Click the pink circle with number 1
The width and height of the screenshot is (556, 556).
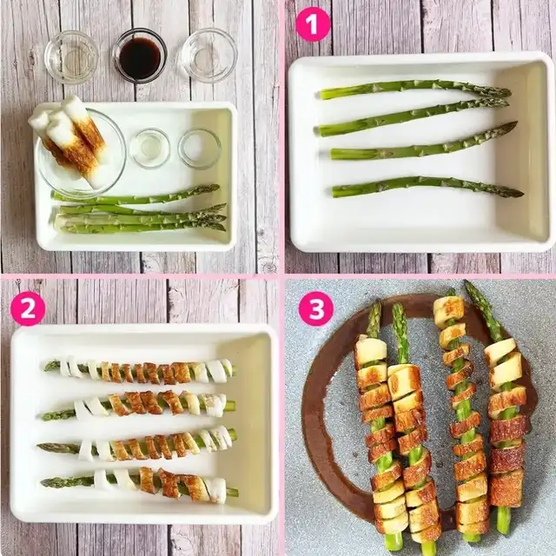(313, 24)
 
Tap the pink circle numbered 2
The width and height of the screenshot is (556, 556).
(28, 308)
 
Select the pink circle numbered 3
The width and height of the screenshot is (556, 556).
(316, 308)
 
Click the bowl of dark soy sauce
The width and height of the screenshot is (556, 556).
(140, 56)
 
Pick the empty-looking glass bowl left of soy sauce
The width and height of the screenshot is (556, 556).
(71, 56)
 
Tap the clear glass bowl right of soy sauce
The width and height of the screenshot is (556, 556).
(208, 56)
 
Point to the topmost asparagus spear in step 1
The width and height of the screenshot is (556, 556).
(415, 89)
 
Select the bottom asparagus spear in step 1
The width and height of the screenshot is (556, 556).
(427, 187)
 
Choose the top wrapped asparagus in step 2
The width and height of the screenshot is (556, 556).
(139, 371)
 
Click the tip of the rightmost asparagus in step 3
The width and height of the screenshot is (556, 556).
(467, 282)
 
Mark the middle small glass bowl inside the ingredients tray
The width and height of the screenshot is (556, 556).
(149, 148)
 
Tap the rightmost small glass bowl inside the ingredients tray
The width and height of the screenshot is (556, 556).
(199, 148)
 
